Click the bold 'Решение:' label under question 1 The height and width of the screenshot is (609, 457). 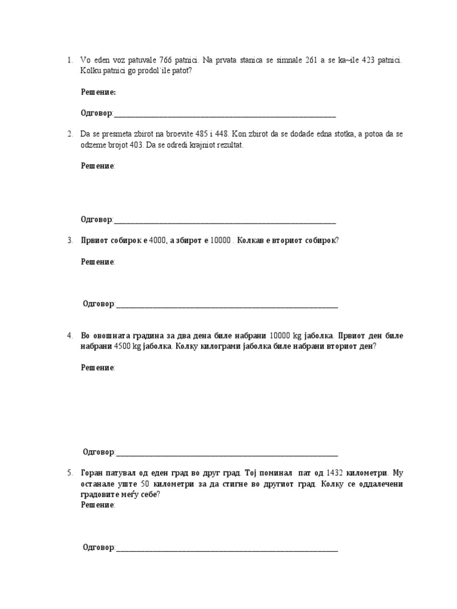[98, 92]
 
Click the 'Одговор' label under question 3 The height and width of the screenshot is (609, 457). [99, 304]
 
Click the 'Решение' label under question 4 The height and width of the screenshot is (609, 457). [98, 368]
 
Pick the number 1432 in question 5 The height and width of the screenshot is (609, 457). [337, 473]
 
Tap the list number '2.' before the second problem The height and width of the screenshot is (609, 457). [69, 134]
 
